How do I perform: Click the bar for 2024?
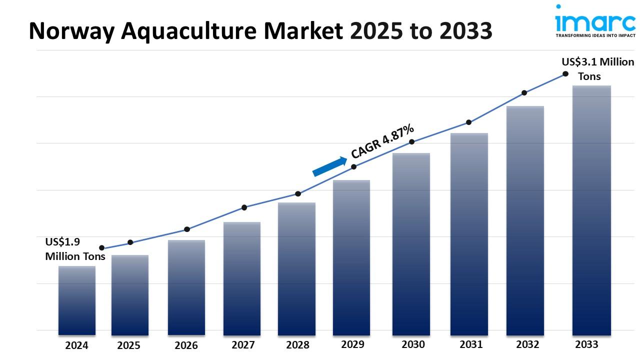pos(77,300)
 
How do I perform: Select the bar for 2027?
pos(242,278)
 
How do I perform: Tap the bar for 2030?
pos(411,244)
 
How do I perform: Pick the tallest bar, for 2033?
pos(591,210)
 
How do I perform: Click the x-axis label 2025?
pos(129,345)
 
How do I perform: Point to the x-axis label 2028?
pos(297,345)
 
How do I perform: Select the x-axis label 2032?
pos(527,344)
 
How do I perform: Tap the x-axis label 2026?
pos(186,345)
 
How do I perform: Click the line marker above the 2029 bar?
pos(353,166)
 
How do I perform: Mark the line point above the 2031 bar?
pos(469,122)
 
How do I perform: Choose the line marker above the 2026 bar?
pos(187,229)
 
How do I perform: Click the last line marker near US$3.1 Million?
pos(565,73)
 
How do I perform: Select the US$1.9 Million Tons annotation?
pos(75,249)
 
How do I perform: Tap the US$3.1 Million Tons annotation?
pos(590,69)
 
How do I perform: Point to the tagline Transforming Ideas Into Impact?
pos(595,35)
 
